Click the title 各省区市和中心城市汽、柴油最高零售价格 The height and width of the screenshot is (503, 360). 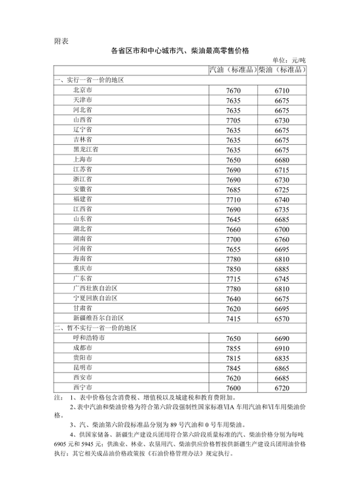[180, 50]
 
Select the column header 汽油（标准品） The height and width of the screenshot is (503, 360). [233, 69]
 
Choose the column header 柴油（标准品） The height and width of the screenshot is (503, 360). [283, 69]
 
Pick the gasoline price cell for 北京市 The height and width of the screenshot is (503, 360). [234, 90]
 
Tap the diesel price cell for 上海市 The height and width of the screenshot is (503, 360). [282, 159]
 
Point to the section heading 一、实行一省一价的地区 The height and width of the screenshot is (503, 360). [88, 80]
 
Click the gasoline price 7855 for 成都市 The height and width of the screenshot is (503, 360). [234, 348]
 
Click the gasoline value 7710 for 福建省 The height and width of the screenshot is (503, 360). [234, 199]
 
